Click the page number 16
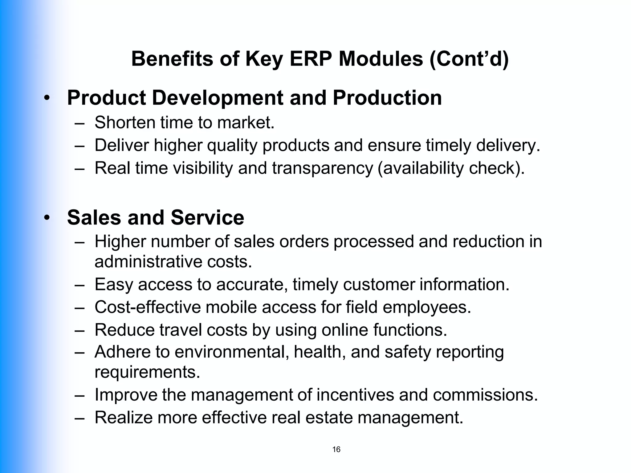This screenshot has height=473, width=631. [336, 449]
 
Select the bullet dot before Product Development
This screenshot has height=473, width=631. [47, 98]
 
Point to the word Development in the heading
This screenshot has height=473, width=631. [218, 98]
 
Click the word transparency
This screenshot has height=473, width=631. [322, 168]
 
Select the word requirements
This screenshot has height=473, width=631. [147, 372]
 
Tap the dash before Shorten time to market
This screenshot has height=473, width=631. [79, 123]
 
